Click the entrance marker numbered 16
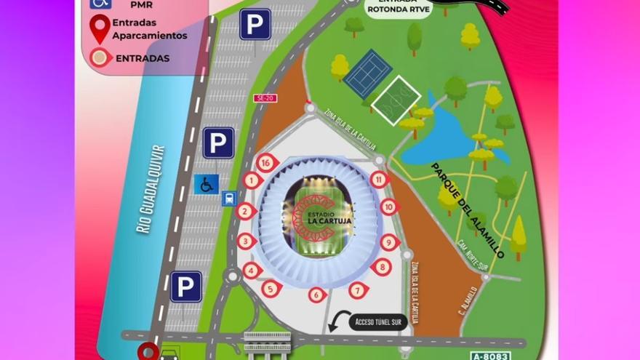point(266,163)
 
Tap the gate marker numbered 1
point(252,180)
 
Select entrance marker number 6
point(316,295)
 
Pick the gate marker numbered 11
point(378,179)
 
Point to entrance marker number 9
point(389,243)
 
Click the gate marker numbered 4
point(252,271)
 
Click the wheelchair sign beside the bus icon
point(206,184)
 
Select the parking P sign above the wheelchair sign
point(218,143)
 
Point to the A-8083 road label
point(491,356)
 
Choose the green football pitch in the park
point(396,101)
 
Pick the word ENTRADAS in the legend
point(143,58)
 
